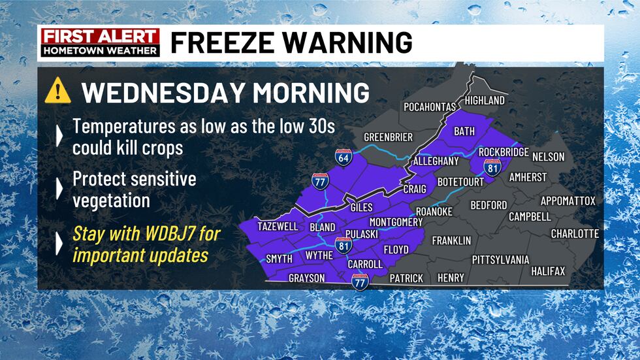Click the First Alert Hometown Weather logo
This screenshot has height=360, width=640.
click(100, 42)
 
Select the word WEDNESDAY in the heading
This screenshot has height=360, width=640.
click(161, 92)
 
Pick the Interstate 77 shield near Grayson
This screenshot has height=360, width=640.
click(359, 282)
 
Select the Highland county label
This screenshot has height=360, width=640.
click(485, 101)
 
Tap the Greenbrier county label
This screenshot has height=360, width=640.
click(388, 137)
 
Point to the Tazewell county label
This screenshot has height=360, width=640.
click(278, 227)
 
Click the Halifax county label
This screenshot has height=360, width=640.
click(548, 270)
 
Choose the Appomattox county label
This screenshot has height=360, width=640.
click(568, 201)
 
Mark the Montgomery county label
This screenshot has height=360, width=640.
click(396, 222)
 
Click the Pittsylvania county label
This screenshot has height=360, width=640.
click(500, 259)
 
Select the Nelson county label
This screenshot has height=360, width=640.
click(548, 157)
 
